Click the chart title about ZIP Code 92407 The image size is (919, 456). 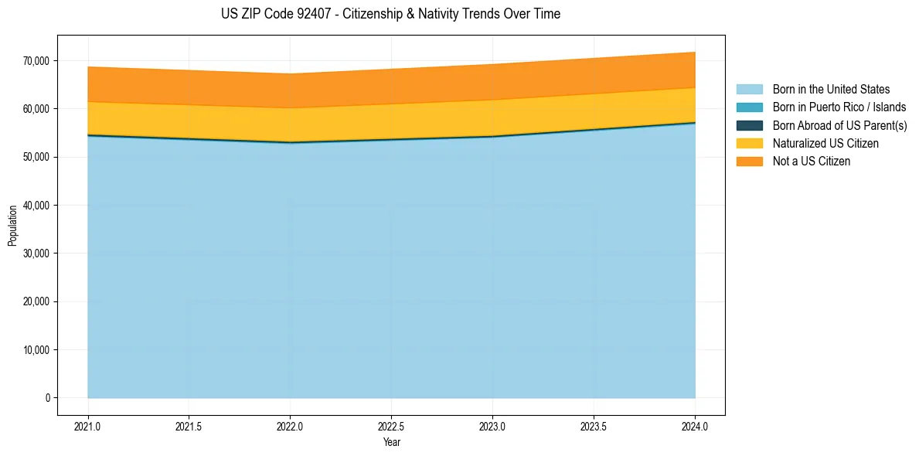(390, 14)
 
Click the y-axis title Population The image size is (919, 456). (12, 226)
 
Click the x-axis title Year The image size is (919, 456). (391, 442)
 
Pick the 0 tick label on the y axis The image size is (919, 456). (47, 398)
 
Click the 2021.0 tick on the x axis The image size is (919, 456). (88, 426)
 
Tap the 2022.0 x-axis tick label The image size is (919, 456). (290, 426)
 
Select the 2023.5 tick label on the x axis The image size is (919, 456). (594, 426)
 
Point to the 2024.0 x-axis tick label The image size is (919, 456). (695, 426)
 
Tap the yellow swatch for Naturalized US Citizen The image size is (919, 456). (749, 144)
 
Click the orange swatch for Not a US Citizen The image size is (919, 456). (749, 162)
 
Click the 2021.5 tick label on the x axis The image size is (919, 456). (189, 426)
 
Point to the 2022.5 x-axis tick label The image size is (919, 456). (391, 426)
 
